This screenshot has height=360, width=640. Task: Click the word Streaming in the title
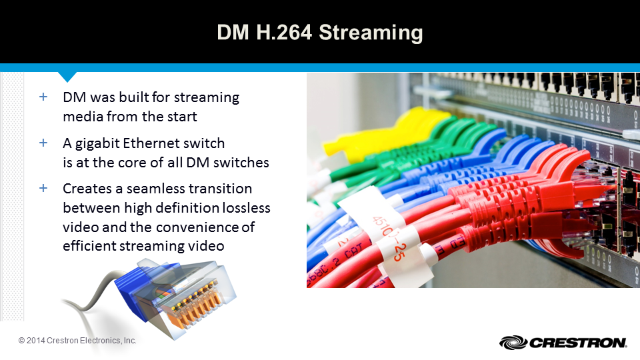(x=371, y=33)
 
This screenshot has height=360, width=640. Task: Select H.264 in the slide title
(x=284, y=32)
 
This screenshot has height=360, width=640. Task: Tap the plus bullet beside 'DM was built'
(x=43, y=97)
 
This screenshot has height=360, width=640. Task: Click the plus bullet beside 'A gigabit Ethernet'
(x=43, y=143)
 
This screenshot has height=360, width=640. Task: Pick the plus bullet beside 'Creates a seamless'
(x=43, y=188)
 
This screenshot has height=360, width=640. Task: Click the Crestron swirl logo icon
(x=513, y=343)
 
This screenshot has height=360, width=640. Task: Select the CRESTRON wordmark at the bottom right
(x=577, y=343)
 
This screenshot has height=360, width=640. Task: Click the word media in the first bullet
(x=83, y=117)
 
